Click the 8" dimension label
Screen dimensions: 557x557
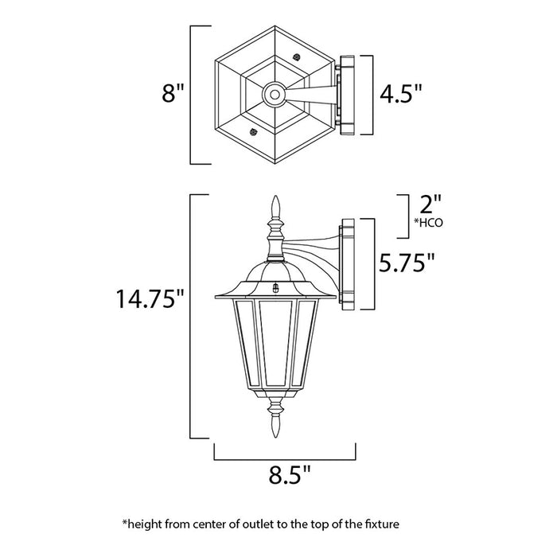point(173,94)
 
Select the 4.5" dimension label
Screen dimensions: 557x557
point(400,95)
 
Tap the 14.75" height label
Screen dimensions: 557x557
point(151,300)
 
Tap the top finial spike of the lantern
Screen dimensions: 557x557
point(278,205)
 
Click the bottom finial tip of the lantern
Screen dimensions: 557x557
point(278,428)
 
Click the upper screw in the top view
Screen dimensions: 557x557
point(296,57)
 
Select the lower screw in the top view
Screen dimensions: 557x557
point(254,132)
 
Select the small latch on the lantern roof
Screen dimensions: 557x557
point(276,290)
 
